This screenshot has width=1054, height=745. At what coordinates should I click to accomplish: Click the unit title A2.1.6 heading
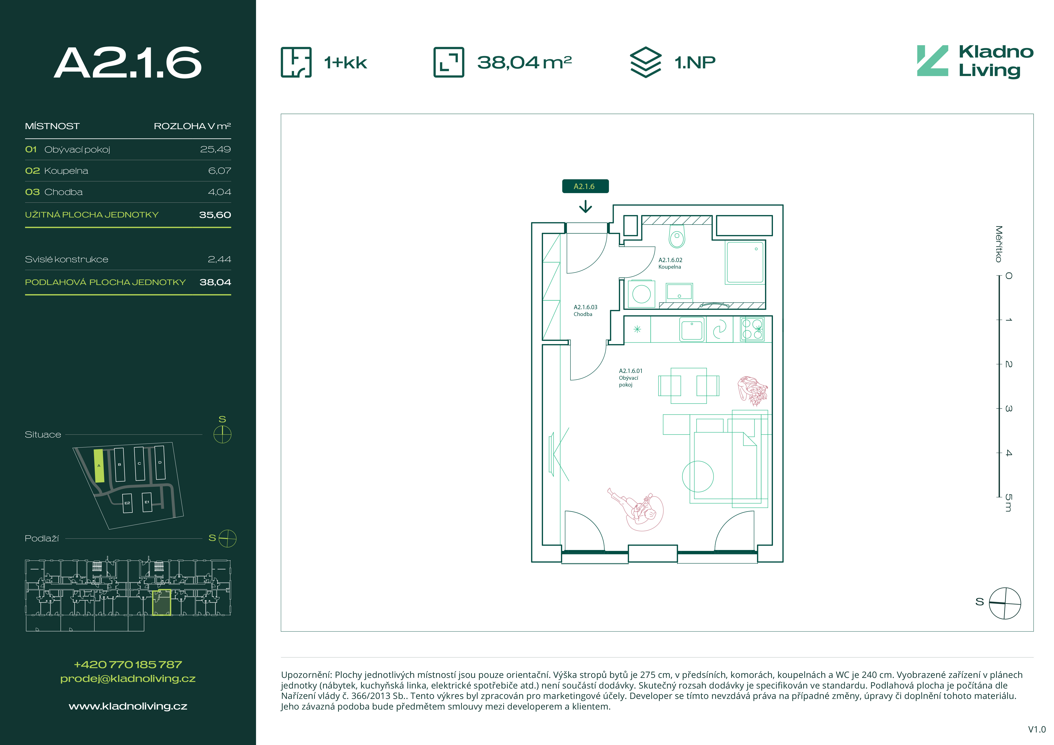(x=128, y=63)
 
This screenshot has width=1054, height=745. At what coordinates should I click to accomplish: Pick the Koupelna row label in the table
(x=66, y=171)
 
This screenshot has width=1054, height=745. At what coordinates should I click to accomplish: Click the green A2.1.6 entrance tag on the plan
(x=585, y=186)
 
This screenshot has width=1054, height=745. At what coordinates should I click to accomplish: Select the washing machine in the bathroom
(x=641, y=293)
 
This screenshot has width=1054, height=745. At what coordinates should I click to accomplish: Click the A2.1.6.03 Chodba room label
(x=585, y=310)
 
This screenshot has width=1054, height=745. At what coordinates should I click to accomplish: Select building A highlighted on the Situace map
(x=99, y=466)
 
